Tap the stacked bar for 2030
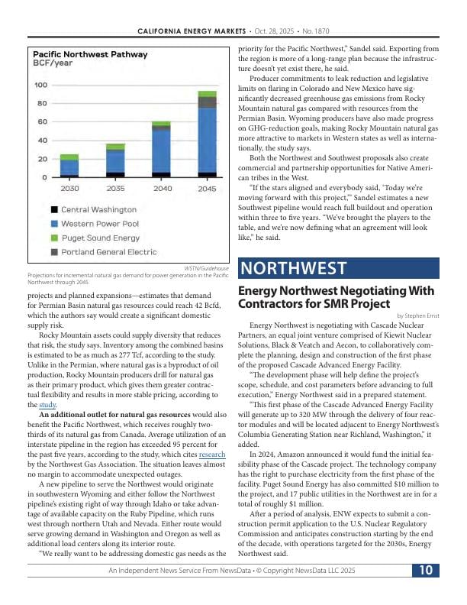[x=69, y=165]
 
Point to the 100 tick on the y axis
[x=40, y=85]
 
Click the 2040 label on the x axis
[x=162, y=188]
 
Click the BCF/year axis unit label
[x=51, y=64]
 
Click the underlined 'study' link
[x=48, y=404]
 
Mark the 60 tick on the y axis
[x=43, y=122]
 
